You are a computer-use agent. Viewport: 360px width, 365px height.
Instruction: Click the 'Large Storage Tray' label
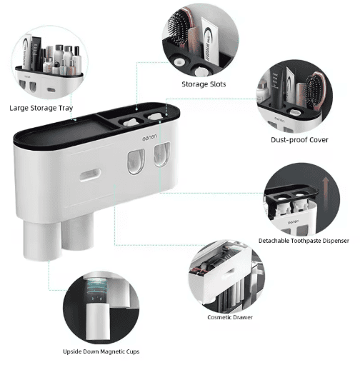tap(41, 109)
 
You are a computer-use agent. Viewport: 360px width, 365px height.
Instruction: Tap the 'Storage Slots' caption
tap(204, 84)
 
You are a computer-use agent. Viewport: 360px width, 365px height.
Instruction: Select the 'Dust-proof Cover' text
tap(299, 140)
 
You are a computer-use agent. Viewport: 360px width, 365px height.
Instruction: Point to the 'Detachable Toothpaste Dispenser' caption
tap(304, 241)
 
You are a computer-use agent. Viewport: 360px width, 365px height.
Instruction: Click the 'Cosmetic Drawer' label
tap(230, 317)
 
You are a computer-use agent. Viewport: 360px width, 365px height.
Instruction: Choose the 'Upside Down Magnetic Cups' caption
tap(101, 351)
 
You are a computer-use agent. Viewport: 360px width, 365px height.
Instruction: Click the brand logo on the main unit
tap(149, 138)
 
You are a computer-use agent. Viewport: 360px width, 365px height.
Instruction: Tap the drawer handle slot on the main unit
tap(90, 175)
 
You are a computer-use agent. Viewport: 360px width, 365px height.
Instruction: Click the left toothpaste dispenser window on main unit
tap(136, 161)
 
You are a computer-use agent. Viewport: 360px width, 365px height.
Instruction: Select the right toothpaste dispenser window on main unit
tap(162, 154)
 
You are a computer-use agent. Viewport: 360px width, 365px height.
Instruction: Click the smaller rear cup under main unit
tap(78, 232)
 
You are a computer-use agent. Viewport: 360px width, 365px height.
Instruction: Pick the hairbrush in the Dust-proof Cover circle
tap(315, 91)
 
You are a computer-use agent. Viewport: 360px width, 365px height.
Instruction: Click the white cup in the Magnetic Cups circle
tap(98, 321)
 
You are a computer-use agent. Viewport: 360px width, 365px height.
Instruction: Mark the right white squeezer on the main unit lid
tap(155, 116)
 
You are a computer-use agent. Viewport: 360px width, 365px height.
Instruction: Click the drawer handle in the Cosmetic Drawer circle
tap(228, 273)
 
